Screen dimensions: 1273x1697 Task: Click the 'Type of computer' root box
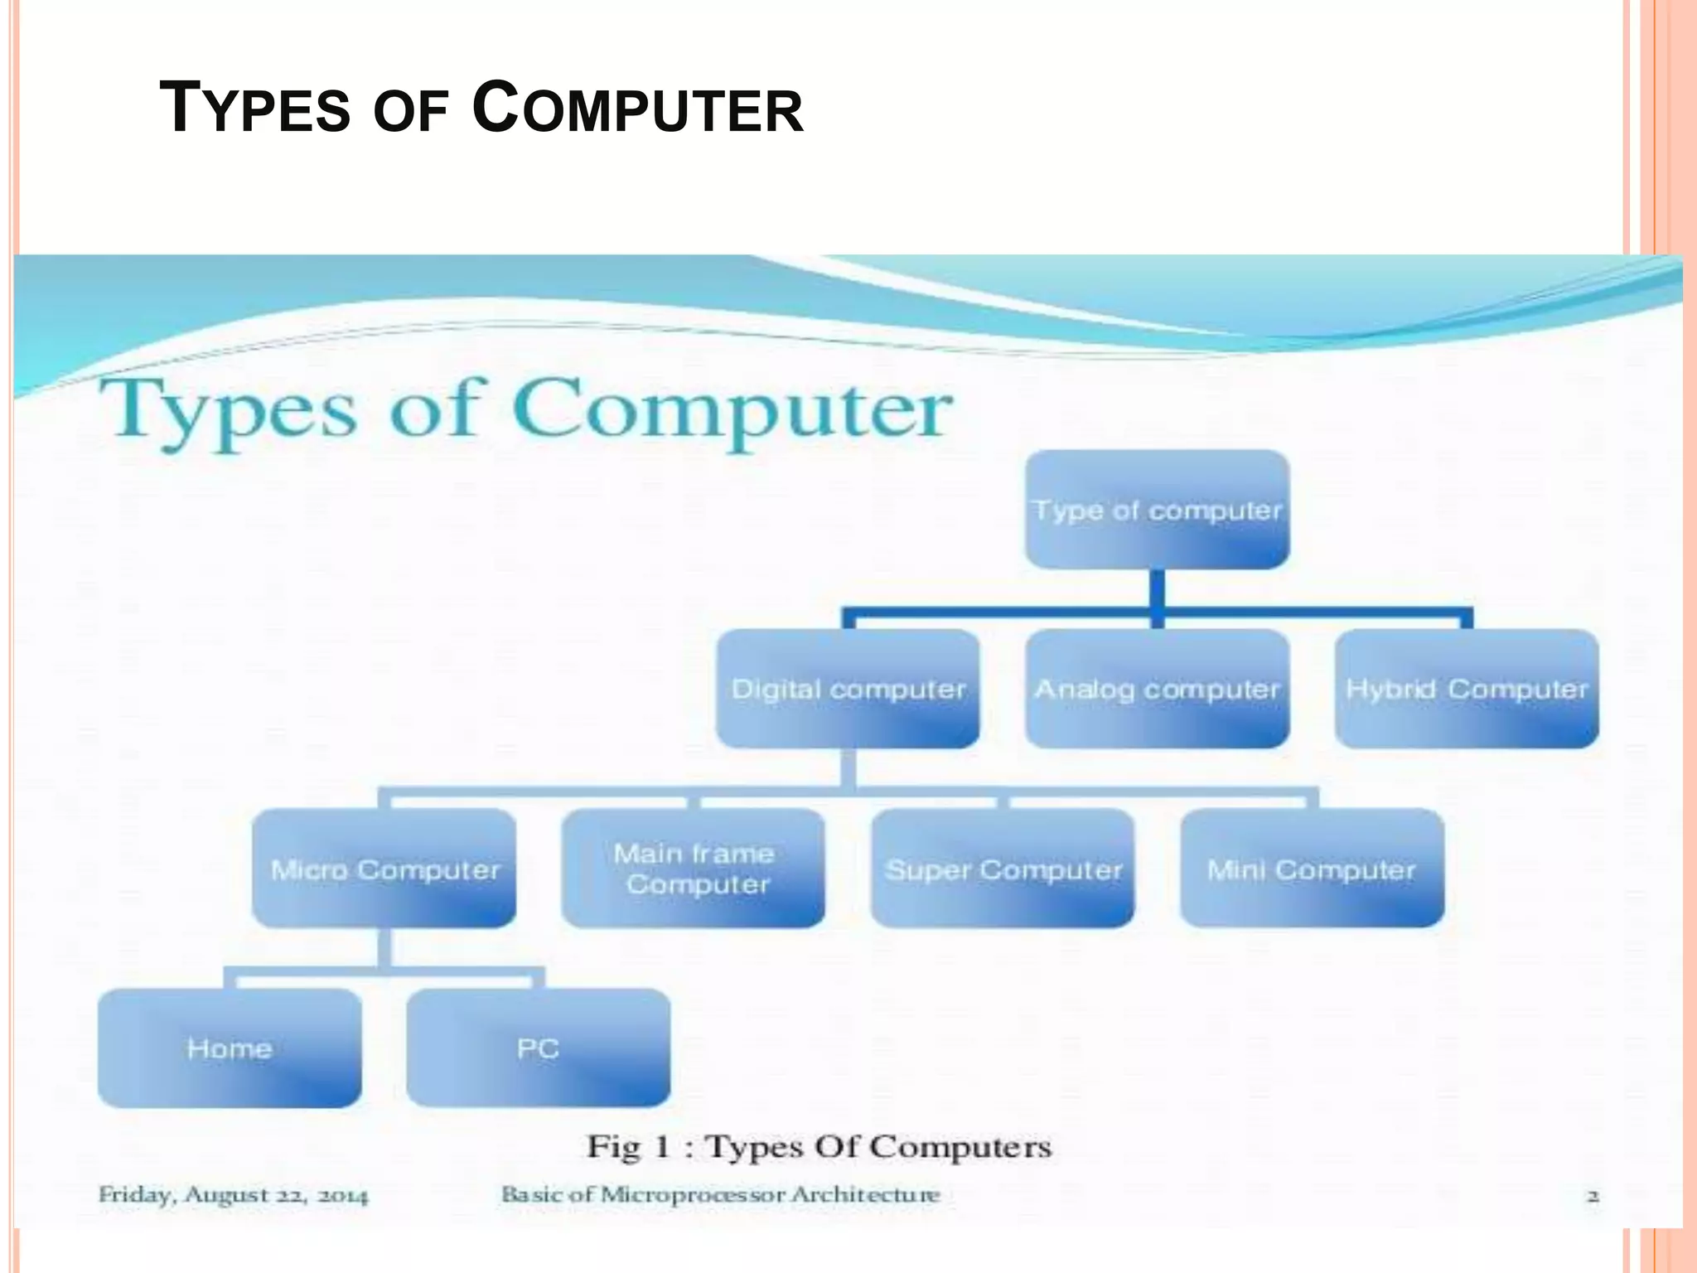(x=1157, y=509)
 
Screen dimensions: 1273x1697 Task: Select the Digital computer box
(x=848, y=689)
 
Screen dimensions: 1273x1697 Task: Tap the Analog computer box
(x=1157, y=689)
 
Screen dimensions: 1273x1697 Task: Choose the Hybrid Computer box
(x=1466, y=689)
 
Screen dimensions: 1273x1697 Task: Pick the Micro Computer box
(x=384, y=869)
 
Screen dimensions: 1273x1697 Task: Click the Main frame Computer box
(x=694, y=869)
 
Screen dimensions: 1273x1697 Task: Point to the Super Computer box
(x=1003, y=869)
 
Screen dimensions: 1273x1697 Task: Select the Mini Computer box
(x=1312, y=869)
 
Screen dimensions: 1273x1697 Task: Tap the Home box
(x=230, y=1048)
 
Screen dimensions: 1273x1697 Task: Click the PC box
(x=539, y=1048)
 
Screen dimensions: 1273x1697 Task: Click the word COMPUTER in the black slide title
(x=638, y=109)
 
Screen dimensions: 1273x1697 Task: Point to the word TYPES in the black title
(x=254, y=109)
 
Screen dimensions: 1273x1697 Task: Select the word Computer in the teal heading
(x=732, y=410)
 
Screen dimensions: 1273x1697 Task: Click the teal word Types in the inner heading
(x=228, y=410)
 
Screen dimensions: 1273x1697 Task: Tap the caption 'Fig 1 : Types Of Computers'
(x=819, y=1147)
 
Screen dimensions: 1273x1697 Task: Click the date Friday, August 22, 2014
(x=233, y=1195)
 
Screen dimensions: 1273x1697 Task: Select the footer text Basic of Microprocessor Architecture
(x=720, y=1195)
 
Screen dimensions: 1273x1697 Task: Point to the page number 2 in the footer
(x=1593, y=1196)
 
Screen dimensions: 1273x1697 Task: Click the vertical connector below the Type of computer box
(x=1158, y=591)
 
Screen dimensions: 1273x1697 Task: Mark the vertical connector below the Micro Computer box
(x=384, y=947)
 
